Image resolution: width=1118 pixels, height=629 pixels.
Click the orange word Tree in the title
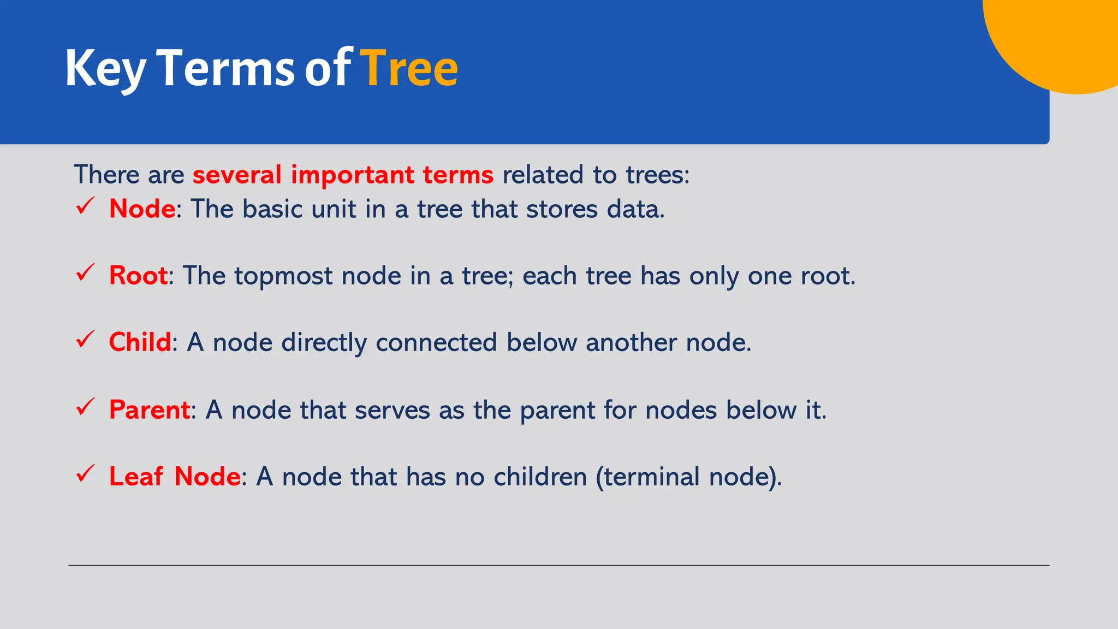(409, 68)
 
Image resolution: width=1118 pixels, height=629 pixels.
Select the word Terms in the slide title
(225, 68)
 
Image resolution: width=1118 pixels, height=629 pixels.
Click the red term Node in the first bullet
(142, 209)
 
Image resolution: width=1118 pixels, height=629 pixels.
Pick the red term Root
(138, 275)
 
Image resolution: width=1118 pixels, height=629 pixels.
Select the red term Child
(140, 342)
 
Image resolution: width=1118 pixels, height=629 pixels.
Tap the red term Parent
(149, 410)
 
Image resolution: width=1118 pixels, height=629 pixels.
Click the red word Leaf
(135, 476)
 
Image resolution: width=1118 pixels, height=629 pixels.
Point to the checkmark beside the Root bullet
(85, 272)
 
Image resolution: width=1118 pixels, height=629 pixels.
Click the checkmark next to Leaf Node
(85, 473)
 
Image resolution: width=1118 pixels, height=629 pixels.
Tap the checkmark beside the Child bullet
(85, 340)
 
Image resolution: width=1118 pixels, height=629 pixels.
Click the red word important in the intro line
(352, 175)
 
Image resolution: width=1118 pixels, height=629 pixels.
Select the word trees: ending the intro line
(657, 175)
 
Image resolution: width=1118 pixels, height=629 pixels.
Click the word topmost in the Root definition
(283, 276)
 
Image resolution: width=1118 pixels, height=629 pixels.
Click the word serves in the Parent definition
(392, 410)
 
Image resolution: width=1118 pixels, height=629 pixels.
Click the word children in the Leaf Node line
(540, 477)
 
